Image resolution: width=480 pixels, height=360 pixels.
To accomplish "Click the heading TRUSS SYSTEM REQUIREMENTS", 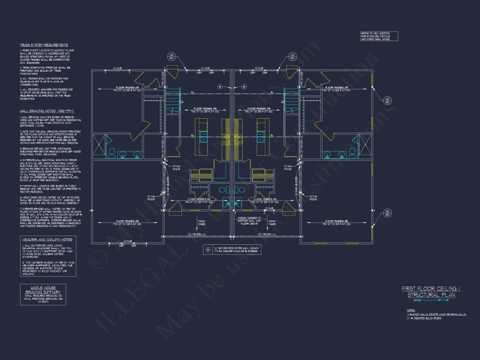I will point(44,45).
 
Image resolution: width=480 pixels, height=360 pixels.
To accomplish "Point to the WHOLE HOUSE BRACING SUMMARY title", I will point(43,290).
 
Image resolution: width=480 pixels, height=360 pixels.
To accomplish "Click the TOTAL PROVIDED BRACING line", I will point(43,298).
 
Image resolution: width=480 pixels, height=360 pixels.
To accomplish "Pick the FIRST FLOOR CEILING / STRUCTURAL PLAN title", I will point(431,292).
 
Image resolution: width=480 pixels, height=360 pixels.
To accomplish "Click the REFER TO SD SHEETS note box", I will point(379,36).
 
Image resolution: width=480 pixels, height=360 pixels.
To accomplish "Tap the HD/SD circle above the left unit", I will point(171,57).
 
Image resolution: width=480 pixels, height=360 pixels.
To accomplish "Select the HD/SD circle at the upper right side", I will point(387,101).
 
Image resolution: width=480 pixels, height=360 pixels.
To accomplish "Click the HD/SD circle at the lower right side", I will point(387,213).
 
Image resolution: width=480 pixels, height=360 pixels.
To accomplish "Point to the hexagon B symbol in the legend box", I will point(207,250).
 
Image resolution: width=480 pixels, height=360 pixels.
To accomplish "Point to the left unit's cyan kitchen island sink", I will point(204,139).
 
